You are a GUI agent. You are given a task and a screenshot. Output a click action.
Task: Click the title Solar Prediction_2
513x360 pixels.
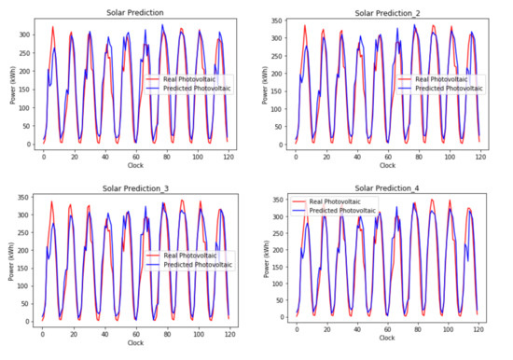pos(386,13)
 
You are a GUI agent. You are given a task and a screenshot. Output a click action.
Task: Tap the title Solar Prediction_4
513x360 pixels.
pos(386,188)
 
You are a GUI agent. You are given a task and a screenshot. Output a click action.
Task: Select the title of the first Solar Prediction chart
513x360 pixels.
pos(132,13)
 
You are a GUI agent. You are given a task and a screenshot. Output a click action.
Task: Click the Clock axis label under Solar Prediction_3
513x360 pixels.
pos(135,343)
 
